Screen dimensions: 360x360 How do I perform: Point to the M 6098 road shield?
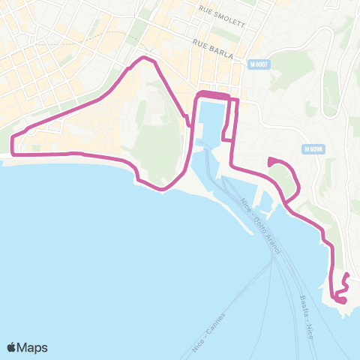click(314, 149)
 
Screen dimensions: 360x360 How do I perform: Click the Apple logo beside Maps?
click(12, 347)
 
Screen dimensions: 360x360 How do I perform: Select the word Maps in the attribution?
click(33, 347)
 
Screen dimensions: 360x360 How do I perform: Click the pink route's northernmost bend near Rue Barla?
click(144, 58)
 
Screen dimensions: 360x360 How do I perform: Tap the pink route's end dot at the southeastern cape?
click(342, 301)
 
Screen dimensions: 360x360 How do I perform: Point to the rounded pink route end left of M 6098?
click(269, 160)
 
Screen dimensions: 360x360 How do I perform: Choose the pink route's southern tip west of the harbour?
click(162, 189)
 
